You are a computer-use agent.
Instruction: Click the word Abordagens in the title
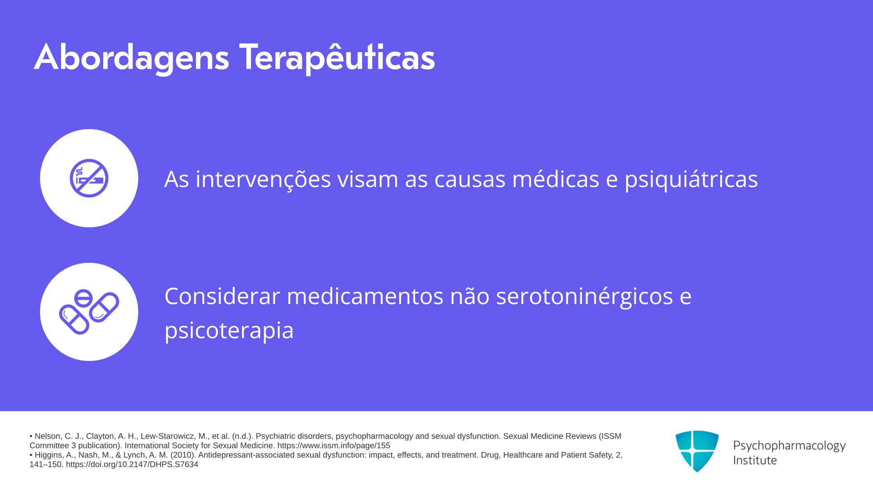pos(131,58)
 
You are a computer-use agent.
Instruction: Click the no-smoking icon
pos(89,178)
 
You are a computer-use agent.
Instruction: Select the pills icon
pos(89,312)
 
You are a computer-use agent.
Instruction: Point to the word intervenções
pos(263,179)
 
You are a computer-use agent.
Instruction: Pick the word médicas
pos(556,179)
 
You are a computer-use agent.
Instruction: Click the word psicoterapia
pos(229,331)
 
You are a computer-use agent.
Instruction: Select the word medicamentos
pos(365,296)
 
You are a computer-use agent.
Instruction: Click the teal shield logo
pos(697,451)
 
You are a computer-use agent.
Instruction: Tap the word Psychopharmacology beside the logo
pos(789,446)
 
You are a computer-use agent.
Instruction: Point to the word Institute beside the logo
pos(755,460)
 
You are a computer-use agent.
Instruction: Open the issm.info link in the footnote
pos(334,446)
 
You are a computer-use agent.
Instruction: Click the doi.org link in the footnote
pos(132,464)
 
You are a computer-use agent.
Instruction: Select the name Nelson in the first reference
pos(47,436)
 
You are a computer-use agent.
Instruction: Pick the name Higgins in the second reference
pos(48,455)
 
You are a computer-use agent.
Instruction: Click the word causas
pos(470,179)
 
